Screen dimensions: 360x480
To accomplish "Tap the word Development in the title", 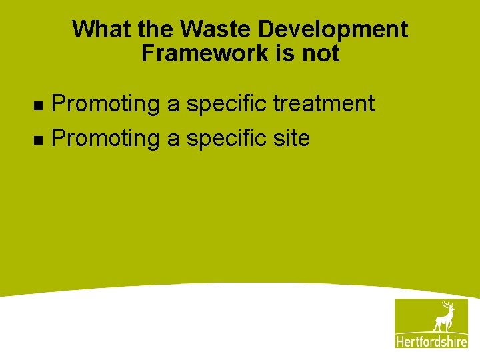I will tap(333, 29).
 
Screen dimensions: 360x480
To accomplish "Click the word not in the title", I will tap(321, 53).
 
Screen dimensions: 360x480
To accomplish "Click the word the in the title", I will tap(156, 29).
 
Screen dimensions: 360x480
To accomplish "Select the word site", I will tap(291, 138).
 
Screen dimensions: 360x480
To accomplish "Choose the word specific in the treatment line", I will tap(224, 104).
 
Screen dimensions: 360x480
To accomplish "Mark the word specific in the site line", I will tap(224, 138).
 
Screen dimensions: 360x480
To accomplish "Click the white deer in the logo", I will tap(443, 317).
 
